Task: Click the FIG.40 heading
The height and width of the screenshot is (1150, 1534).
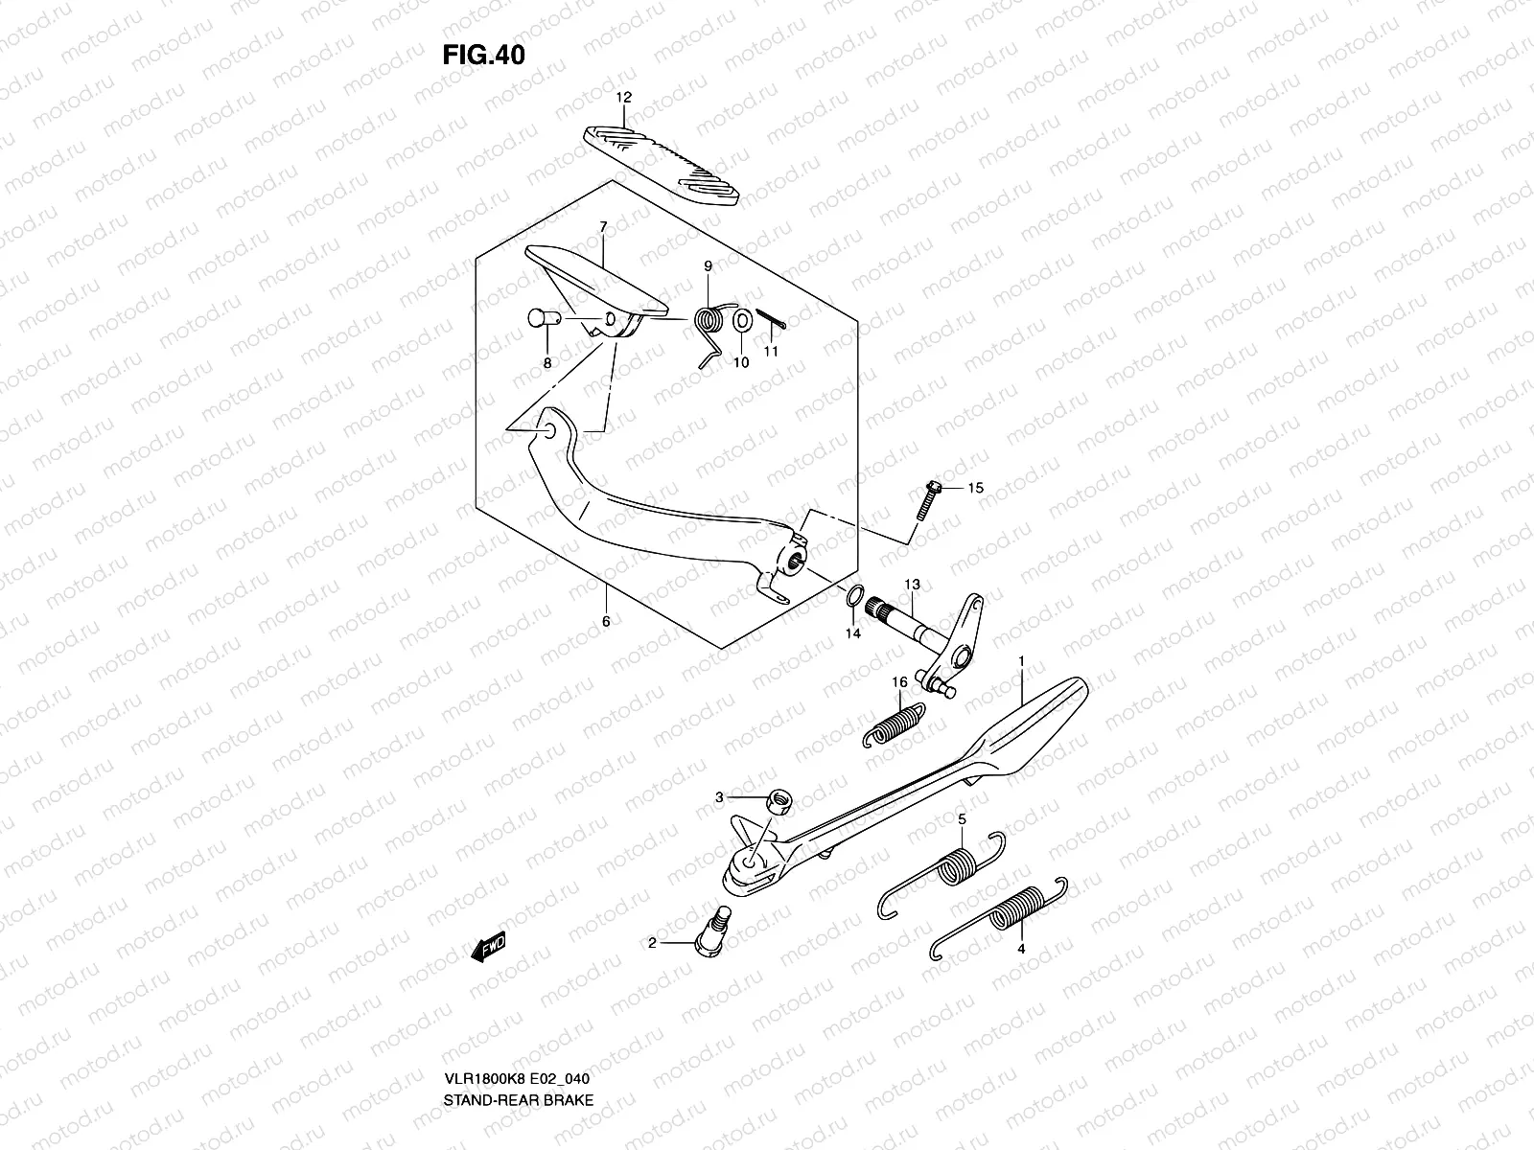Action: click(483, 56)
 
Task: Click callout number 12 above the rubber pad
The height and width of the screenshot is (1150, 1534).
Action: click(624, 98)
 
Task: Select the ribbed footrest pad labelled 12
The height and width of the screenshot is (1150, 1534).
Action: click(662, 163)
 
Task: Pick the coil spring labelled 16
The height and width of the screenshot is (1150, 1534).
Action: click(894, 725)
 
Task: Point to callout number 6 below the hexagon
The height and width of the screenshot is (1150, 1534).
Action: click(606, 621)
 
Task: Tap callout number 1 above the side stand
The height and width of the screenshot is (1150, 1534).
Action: click(1022, 661)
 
